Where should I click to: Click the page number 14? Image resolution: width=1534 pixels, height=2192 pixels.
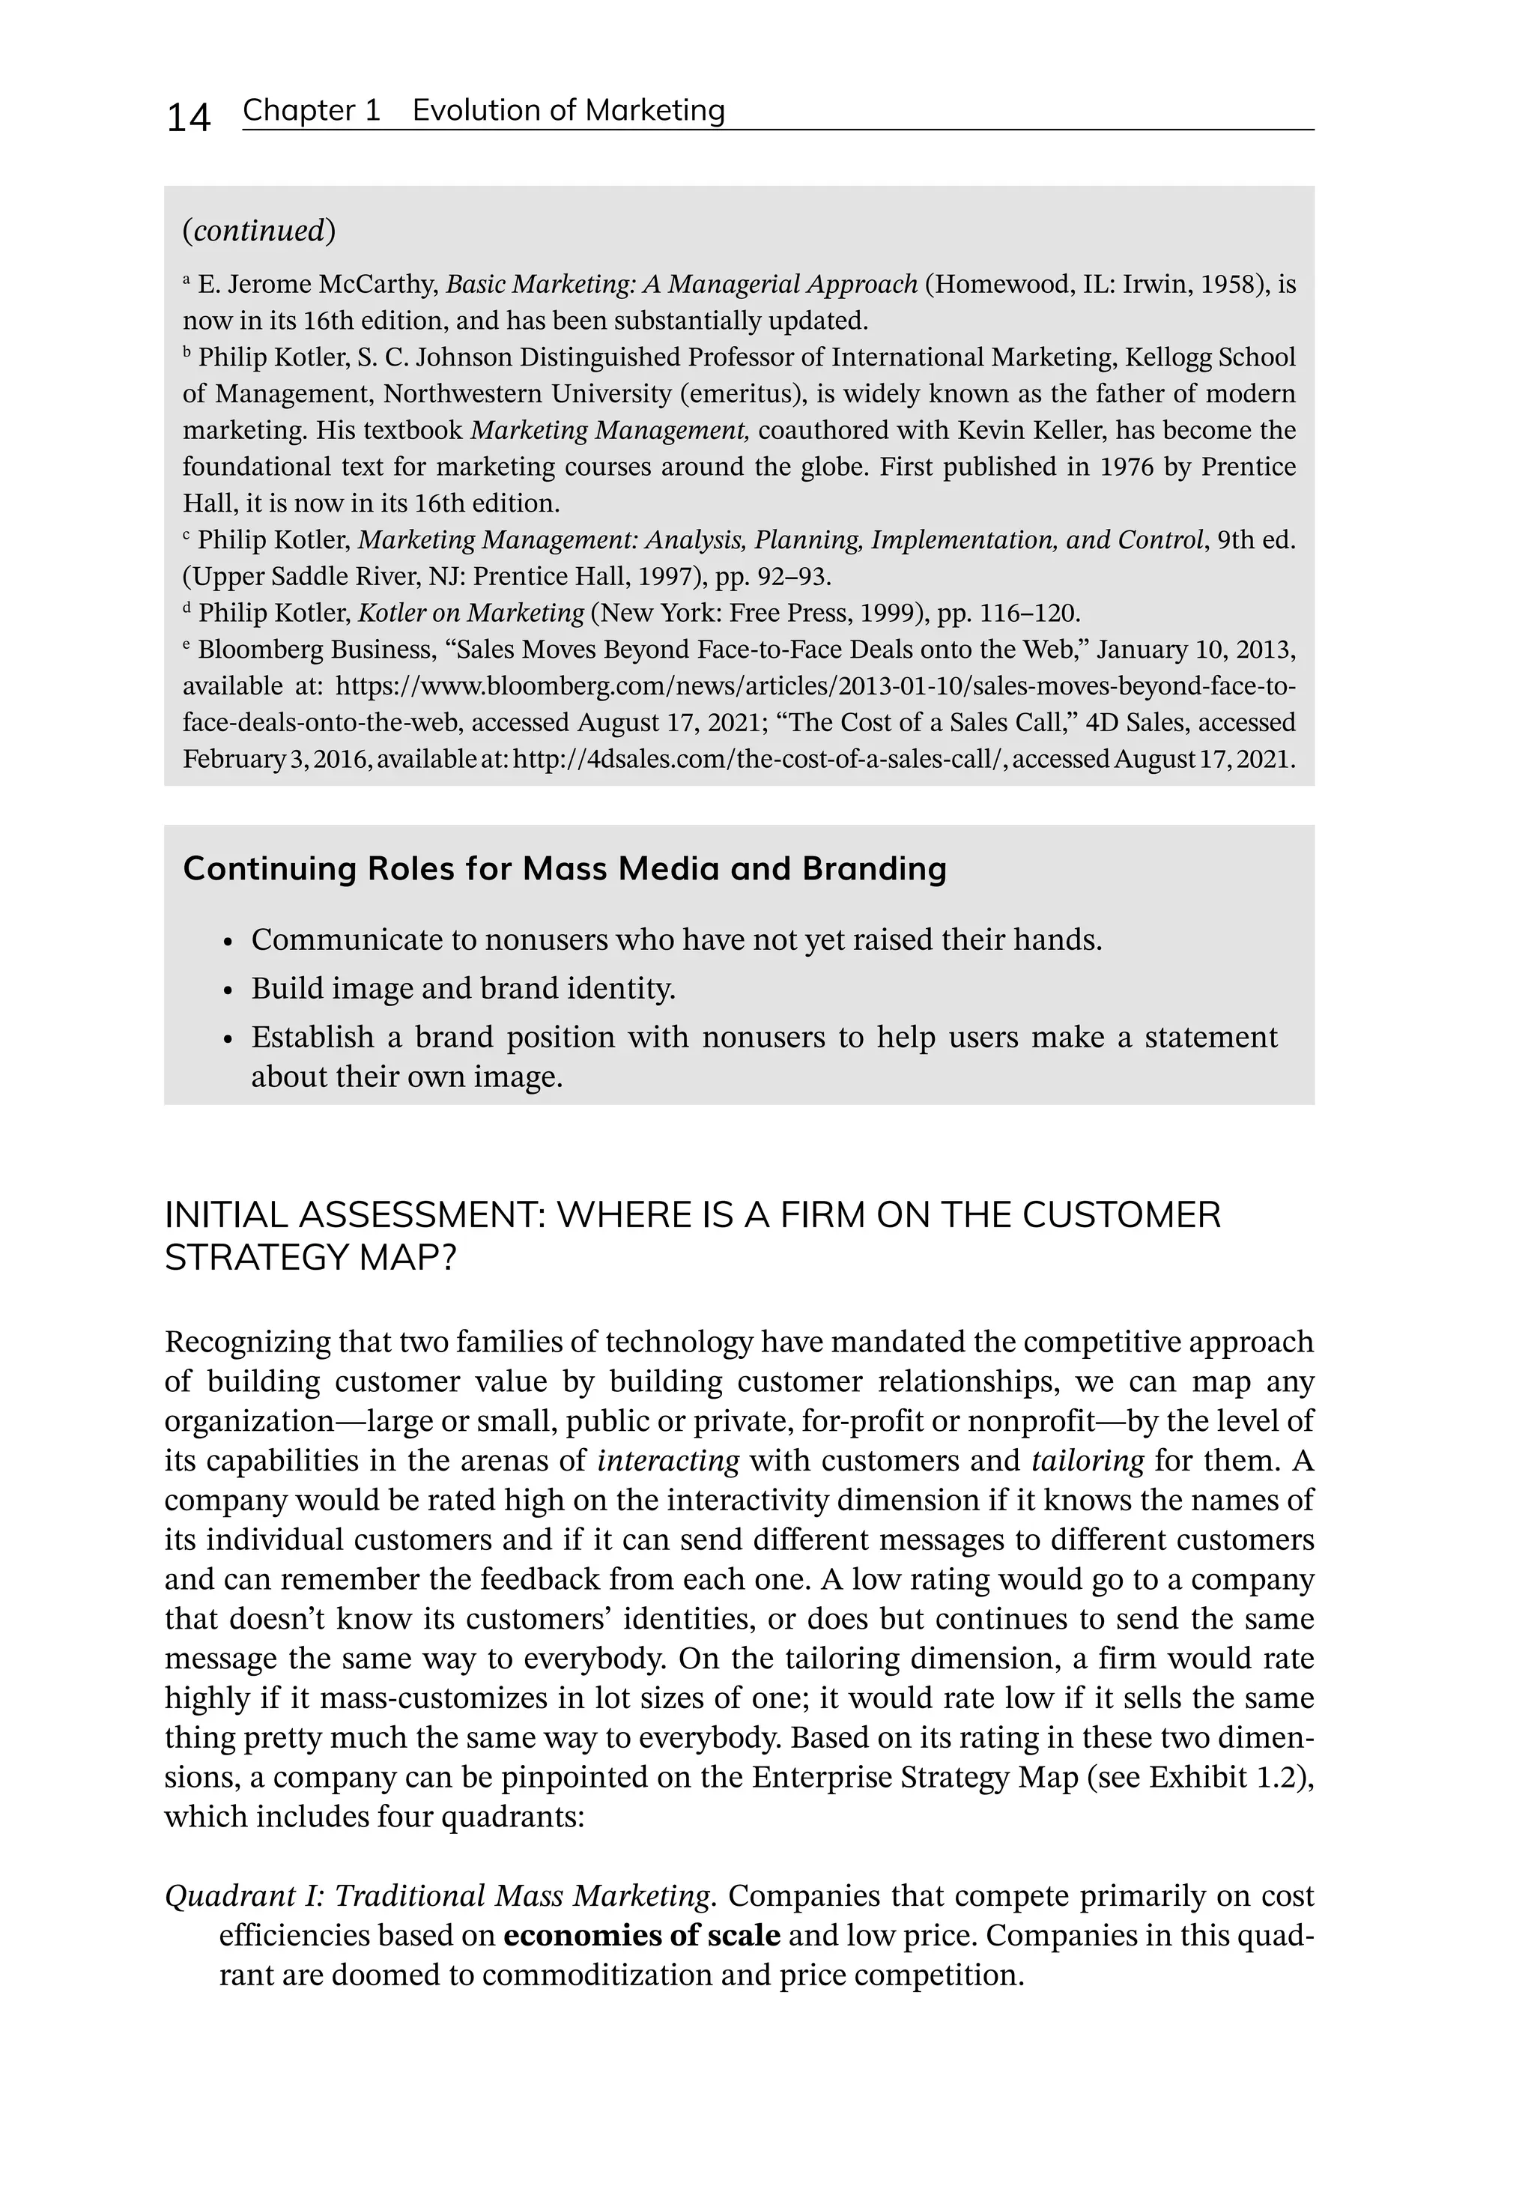tap(188, 118)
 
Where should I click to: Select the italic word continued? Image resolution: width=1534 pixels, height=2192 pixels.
tap(258, 231)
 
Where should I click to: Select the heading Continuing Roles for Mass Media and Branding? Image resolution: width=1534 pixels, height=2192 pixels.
tap(564, 869)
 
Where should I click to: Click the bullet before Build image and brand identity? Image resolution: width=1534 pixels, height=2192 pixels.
tap(227, 991)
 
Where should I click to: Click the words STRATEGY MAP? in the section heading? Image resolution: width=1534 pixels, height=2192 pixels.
tap(310, 1259)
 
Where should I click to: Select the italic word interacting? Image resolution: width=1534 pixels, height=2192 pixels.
tap(668, 1461)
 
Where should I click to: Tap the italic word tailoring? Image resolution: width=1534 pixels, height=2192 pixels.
tap(1088, 1461)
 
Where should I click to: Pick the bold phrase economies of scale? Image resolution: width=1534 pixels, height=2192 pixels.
tap(641, 1935)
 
